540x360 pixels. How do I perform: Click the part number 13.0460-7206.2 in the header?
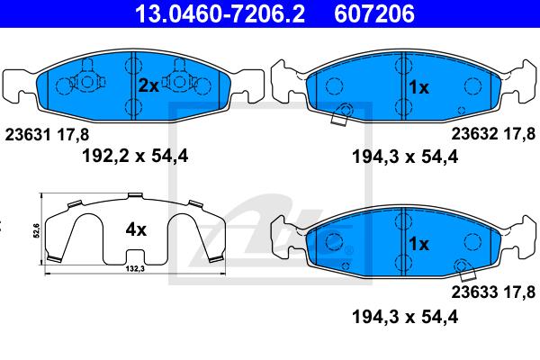[x=220, y=13]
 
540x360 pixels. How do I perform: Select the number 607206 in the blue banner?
[x=374, y=13]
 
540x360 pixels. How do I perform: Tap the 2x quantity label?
[x=148, y=85]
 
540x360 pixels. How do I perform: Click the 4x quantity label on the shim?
[x=136, y=229]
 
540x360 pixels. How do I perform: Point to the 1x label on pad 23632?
[x=418, y=87]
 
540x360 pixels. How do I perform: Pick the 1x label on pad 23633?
[x=418, y=244]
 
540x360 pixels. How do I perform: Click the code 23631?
[x=28, y=135]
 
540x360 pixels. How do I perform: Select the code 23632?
[x=474, y=134]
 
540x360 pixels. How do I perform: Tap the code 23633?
[x=474, y=292]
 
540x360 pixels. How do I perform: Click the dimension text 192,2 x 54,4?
[x=135, y=156]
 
